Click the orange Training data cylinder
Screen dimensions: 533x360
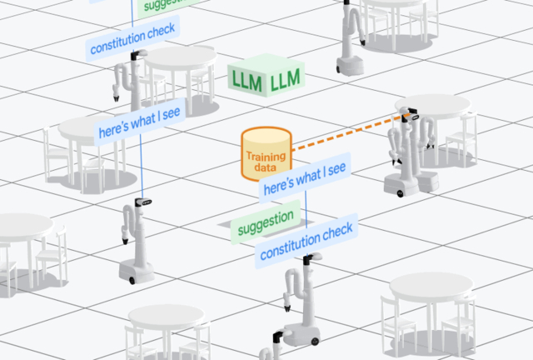tap(265, 154)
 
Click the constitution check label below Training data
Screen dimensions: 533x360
tap(307, 241)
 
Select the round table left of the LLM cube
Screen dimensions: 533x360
tap(180, 60)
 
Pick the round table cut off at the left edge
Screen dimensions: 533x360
tap(21, 229)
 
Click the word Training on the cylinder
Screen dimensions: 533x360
tap(266, 156)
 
